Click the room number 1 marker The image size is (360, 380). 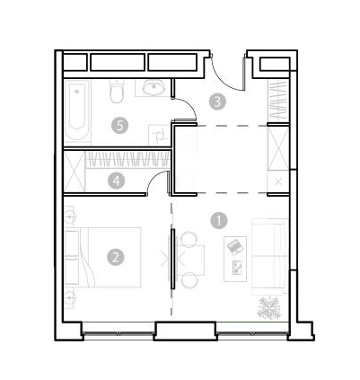(x=219, y=221)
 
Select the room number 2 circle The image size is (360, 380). (x=116, y=257)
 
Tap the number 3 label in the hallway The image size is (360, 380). (x=217, y=102)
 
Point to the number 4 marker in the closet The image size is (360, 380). (x=117, y=181)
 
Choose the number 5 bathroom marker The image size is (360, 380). (x=120, y=125)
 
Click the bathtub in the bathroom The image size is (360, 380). (x=77, y=110)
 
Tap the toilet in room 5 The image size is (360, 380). (x=116, y=92)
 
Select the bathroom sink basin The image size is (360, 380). (x=154, y=87)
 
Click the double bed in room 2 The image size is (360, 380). (x=103, y=258)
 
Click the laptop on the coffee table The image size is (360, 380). (x=234, y=247)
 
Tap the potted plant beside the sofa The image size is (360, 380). (x=269, y=307)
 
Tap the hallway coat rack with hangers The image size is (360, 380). (x=278, y=100)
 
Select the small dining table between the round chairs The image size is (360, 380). (x=191, y=260)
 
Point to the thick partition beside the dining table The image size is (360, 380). (x=172, y=259)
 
